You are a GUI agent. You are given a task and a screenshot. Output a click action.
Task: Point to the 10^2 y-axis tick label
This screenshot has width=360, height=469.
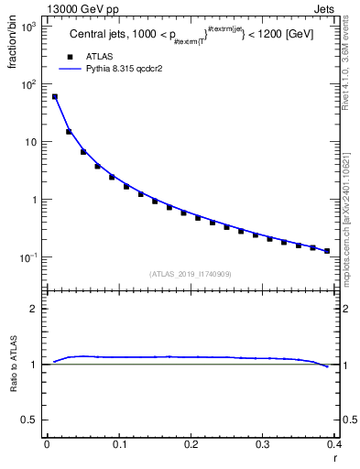pyautogui.click(x=29, y=84)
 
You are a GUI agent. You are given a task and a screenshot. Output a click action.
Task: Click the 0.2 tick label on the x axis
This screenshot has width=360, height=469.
pyautogui.click(x=191, y=445)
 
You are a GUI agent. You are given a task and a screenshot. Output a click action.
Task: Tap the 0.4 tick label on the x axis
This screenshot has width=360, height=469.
pyautogui.click(x=335, y=445)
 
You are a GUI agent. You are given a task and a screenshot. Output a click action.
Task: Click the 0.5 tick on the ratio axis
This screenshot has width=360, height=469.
pyautogui.click(x=34, y=420)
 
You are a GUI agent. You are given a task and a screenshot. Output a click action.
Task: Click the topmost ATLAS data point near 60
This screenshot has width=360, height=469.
pyautogui.click(x=54, y=96)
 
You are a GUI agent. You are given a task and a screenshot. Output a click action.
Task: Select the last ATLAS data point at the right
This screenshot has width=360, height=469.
pyautogui.click(x=353, y=251)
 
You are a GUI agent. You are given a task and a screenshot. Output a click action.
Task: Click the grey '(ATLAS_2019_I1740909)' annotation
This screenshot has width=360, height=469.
pyautogui.click(x=191, y=274)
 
